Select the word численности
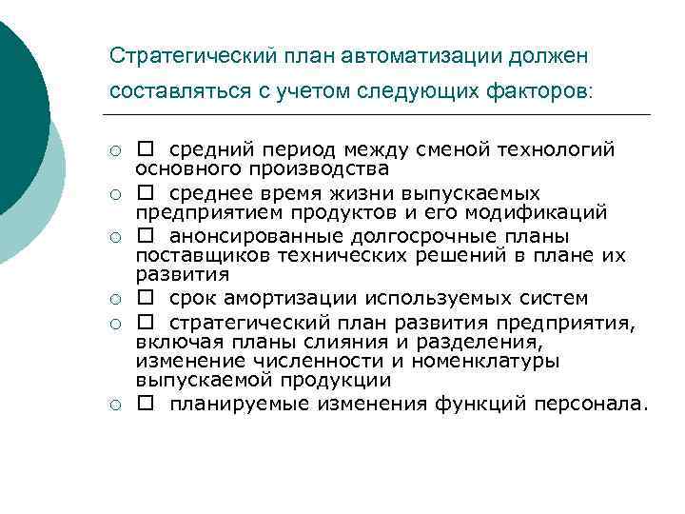point(309,362)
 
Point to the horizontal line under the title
point(381,115)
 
